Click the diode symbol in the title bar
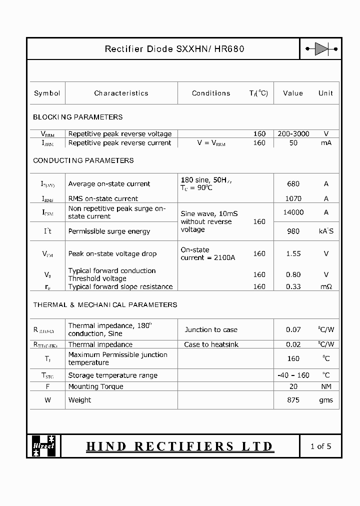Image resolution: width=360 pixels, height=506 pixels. click(x=321, y=49)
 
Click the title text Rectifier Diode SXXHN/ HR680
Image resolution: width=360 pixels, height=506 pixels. click(x=174, y=49)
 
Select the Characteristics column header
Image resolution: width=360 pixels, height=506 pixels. click(x=121, y=93)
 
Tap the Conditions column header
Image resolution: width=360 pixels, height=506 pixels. click(x=211, y=93)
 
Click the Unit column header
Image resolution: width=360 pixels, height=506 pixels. click(x=325, y=93)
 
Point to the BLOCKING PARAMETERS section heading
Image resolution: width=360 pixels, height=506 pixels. click(x=78, y=117)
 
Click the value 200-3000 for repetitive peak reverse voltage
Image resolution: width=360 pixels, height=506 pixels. click(x=293, y=133)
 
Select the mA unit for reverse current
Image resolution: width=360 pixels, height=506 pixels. click(x=326, y=142)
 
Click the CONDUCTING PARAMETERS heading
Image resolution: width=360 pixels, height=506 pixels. click(x=83, y=160)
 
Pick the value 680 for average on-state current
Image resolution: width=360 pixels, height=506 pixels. click(x=293, y=183)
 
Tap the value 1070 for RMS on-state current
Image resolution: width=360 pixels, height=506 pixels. click(x=293, y=198)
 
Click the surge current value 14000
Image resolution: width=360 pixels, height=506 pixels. click(x=293, y=212)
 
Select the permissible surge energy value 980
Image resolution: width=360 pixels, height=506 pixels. click(x=293, y=231)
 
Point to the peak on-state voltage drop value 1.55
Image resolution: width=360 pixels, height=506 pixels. click(x=293, y=253)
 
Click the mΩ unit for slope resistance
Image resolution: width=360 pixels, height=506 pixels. click(x=326, y=286)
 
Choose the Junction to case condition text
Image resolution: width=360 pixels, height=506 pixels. click(x=211, y=329)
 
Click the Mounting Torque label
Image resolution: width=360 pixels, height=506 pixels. click(x=95, y=386)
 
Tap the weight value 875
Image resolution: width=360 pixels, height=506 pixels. click(x=293, y=400)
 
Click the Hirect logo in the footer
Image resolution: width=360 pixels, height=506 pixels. click(x=44, y=446)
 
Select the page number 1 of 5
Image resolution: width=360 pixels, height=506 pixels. click(x=320, y=446)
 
